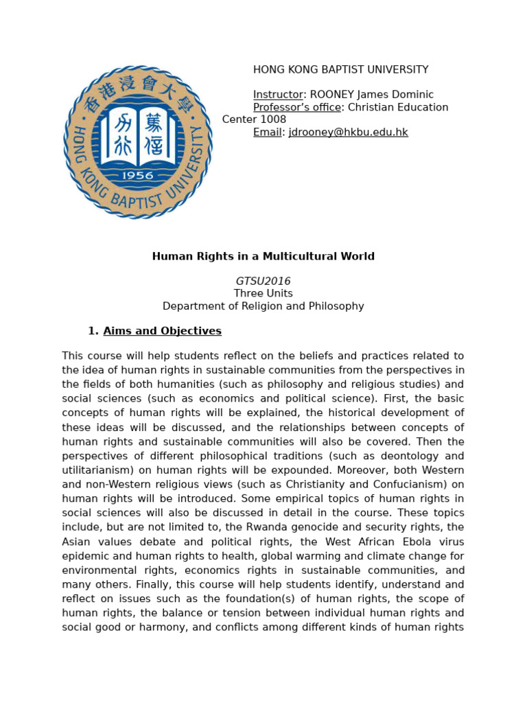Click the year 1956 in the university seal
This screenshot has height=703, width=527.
pyautogui.click(x=137, y=175)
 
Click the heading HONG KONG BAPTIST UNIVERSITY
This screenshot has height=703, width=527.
pyautogui.click(x=340, y=69)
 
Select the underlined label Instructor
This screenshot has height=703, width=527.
pyautogui.click(x=278, y=95)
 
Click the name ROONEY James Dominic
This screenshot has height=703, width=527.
pyautogui.click(x=371, y=95)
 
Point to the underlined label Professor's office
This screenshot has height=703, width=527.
pyautogui.click(x=296, y=107)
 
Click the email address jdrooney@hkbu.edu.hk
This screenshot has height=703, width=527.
pyautogui.click(x=348, y=132)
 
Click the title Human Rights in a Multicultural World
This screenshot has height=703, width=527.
pyautogui.click(x=263, y=256)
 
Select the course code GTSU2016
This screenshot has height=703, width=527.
pyautogui.click(x=263, y=281)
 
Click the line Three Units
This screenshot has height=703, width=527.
pyautogui.click(x=263, y=293)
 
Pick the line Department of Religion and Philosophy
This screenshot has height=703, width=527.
pyautogui.click(x=263, y=306)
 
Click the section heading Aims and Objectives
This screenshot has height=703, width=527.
pyautogui.click(x=162, y=331)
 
